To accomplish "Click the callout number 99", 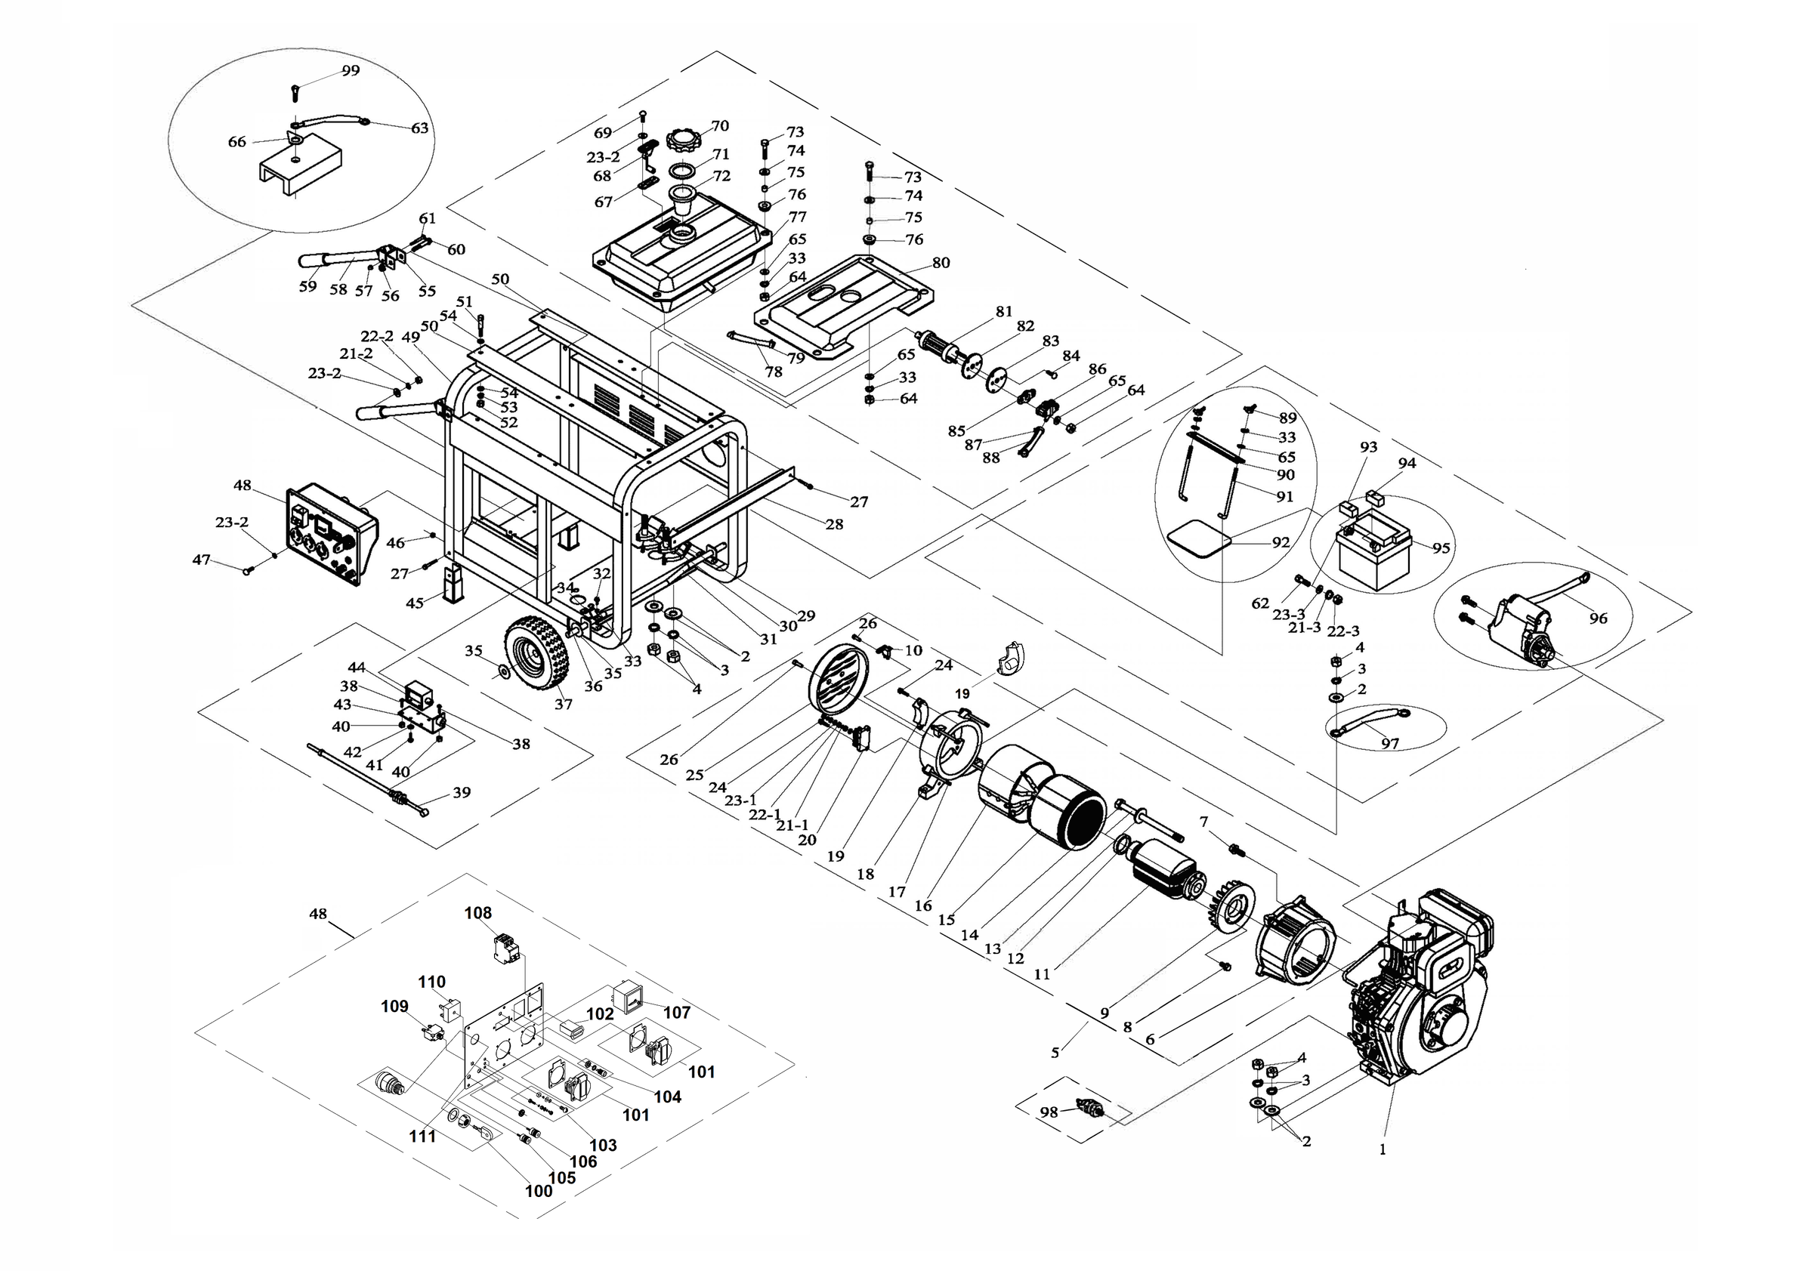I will click(x=351, y=70).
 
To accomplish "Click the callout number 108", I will click(x=478, y=913).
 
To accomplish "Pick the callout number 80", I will click(x=941, y=263).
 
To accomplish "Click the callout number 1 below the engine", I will click(x=1383, y=1150).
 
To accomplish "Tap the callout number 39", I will click(x=462, y=792).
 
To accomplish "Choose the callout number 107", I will click(x=678, y=1012).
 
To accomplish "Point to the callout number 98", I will click(x=1049, y=1112).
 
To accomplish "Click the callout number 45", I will click(x=415, y=603).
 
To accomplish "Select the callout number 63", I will click(x=420, y=128).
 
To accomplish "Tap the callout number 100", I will click(x=539, y=1191).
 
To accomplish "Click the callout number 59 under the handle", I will click(x=307, y=286).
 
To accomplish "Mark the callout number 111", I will click(x=422, y=1136).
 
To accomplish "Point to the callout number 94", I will click(x=1407, y=463).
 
